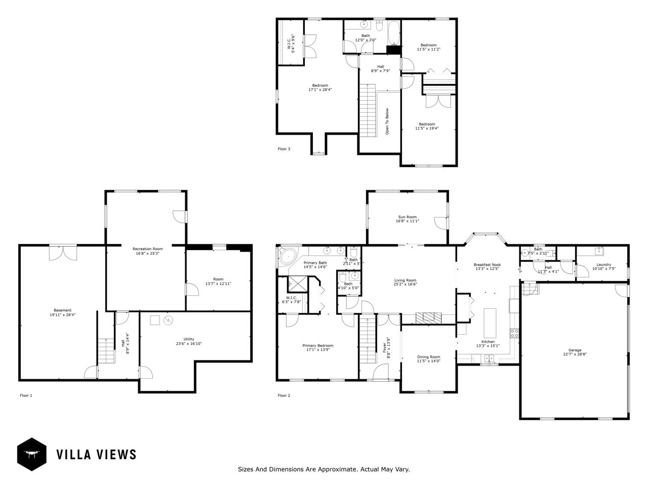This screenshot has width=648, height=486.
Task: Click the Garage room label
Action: tap(575, 350)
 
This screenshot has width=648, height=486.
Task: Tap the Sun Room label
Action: tap(407, 217)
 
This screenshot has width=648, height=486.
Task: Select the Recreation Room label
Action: tap(147, 249)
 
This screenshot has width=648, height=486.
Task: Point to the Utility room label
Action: tap(189, 339)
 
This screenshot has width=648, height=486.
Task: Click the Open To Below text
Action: tap(387, 121)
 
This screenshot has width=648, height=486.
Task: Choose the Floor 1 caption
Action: tap(26, 395)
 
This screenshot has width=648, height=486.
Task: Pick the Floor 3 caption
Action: tap(284, 149)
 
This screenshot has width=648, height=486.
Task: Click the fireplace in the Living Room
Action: tap(428, 318)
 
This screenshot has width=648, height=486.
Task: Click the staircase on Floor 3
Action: tap(368, 110)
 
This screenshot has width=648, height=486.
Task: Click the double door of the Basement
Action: tap(63, 253)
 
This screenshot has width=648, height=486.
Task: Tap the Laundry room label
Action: tap(603, 264)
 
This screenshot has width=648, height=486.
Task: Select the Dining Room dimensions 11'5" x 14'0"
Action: tap(428, 361)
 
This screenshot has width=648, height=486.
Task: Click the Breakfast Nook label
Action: tap(487, 264)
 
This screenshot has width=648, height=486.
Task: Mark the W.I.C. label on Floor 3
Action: tap(289, 44)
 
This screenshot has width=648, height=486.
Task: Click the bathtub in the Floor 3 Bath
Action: tap(393, 32)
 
